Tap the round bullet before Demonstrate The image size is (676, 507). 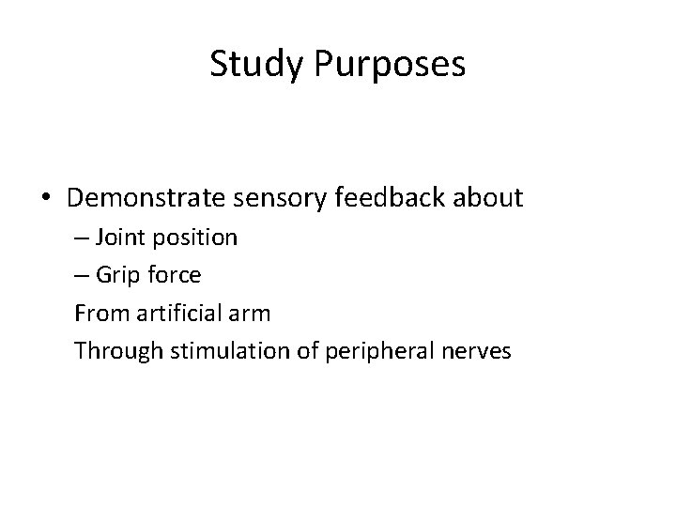point(46,199)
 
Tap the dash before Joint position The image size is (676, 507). point(82,238)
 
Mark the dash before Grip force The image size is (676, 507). point(82,275)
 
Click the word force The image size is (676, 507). point(176,275)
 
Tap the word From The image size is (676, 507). point(99,313)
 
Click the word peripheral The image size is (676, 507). point(368,351)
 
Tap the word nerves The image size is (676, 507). point(476,351)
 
